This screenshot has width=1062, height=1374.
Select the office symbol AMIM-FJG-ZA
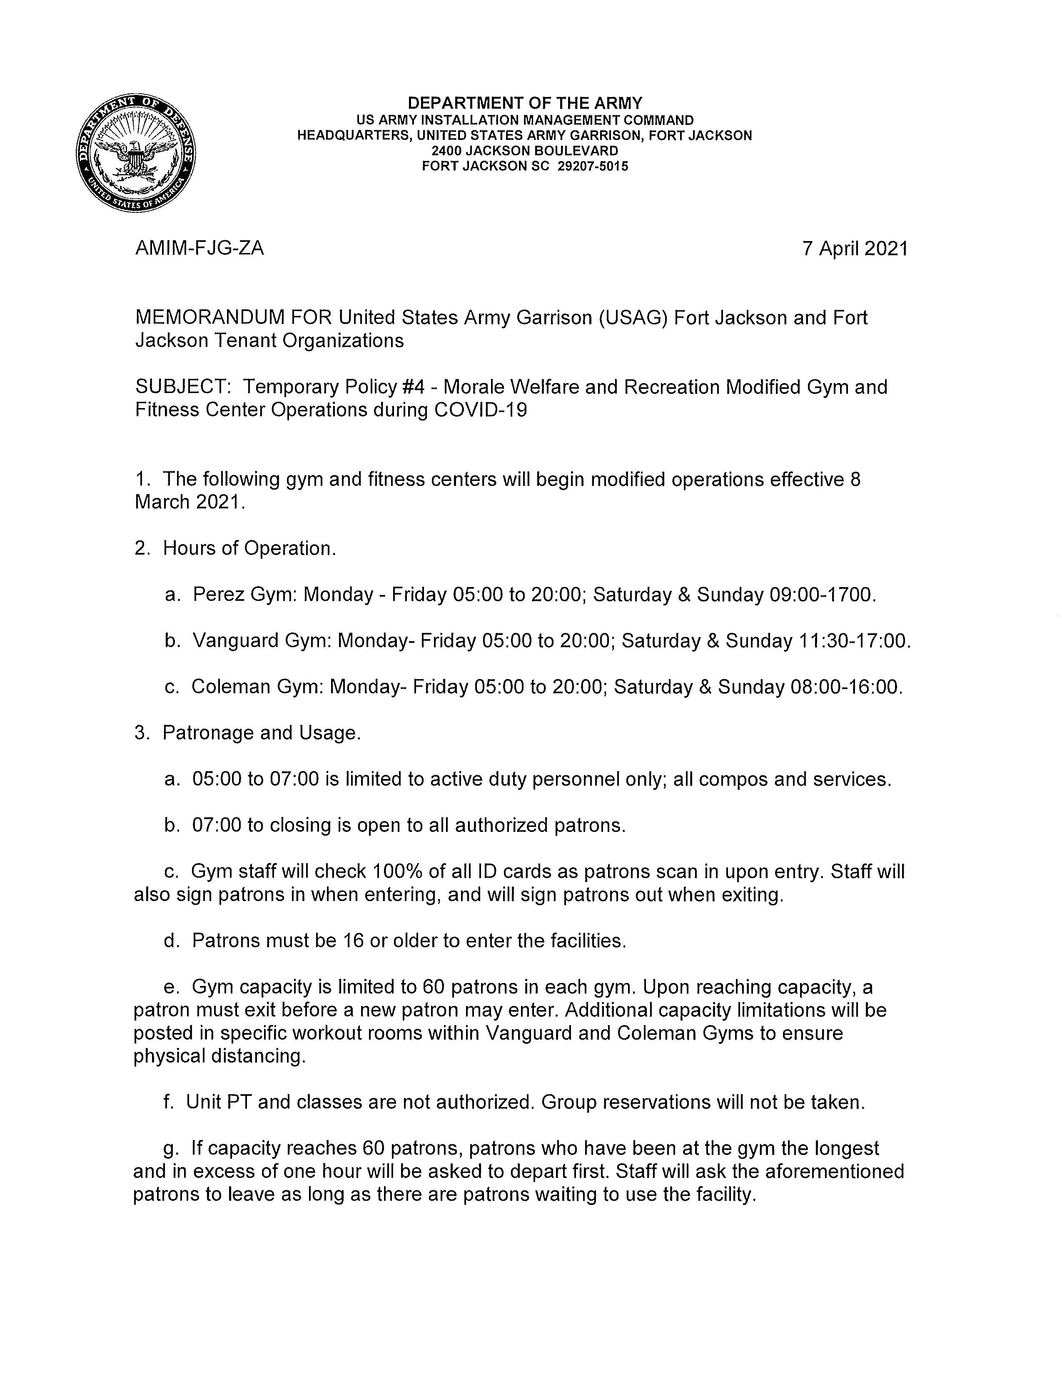199,249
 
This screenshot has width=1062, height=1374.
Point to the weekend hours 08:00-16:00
844,687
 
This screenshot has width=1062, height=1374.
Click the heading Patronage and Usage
262,733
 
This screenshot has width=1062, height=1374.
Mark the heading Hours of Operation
249,549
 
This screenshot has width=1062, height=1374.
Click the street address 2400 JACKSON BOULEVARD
525,151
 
